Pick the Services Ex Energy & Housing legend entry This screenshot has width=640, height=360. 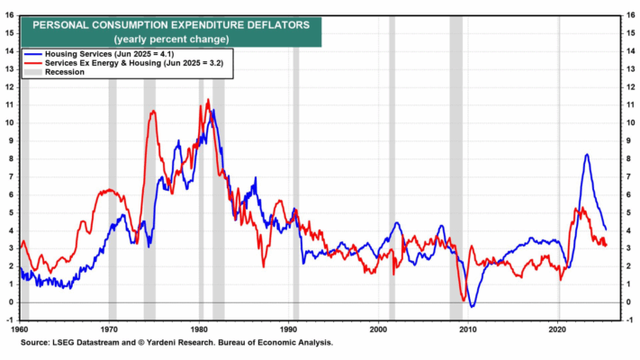[x=136, y=63]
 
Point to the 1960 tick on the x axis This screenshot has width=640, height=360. [x=21, y=330]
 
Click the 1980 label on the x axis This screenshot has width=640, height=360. [x=200, y=330]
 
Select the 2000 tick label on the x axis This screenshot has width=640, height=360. [x=379, y=330]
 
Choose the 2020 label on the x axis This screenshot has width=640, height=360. [x=558, y=330]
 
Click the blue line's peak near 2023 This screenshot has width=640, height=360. [x=587, y=154]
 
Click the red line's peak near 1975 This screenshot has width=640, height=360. [x=153, y=111]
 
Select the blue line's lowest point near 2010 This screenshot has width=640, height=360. [x=473, y=307]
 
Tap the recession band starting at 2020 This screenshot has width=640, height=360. [x=559, y=180]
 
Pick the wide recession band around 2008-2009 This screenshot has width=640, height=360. [x=455, y=180]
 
